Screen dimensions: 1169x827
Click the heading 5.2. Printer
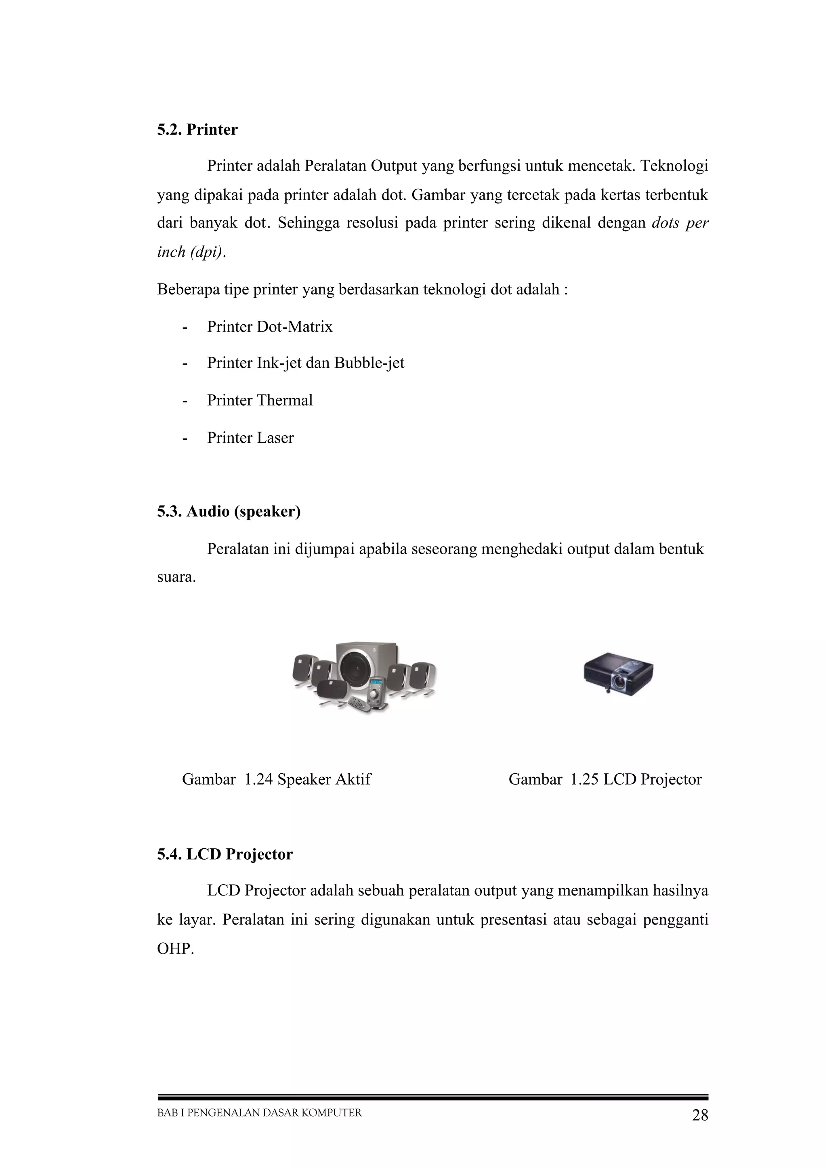pyautogui.click(x=197, y=130)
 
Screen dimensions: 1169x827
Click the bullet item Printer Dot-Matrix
pyautogui.click(x=270, y=326)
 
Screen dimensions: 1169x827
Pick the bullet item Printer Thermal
pyautogui.click(x=259, y=400)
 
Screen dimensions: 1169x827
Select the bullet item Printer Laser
pyautogui.click(x=250, y=438)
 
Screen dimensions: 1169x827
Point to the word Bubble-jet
pyautogui.click(x=369, y=363)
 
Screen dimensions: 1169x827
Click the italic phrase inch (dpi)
pyautogui.click(x=190, y=252)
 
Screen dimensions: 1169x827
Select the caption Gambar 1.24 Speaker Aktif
pyautogui.click(x=276, y=779)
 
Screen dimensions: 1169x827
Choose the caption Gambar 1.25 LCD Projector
pyautogui.click(x=605, y=779)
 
